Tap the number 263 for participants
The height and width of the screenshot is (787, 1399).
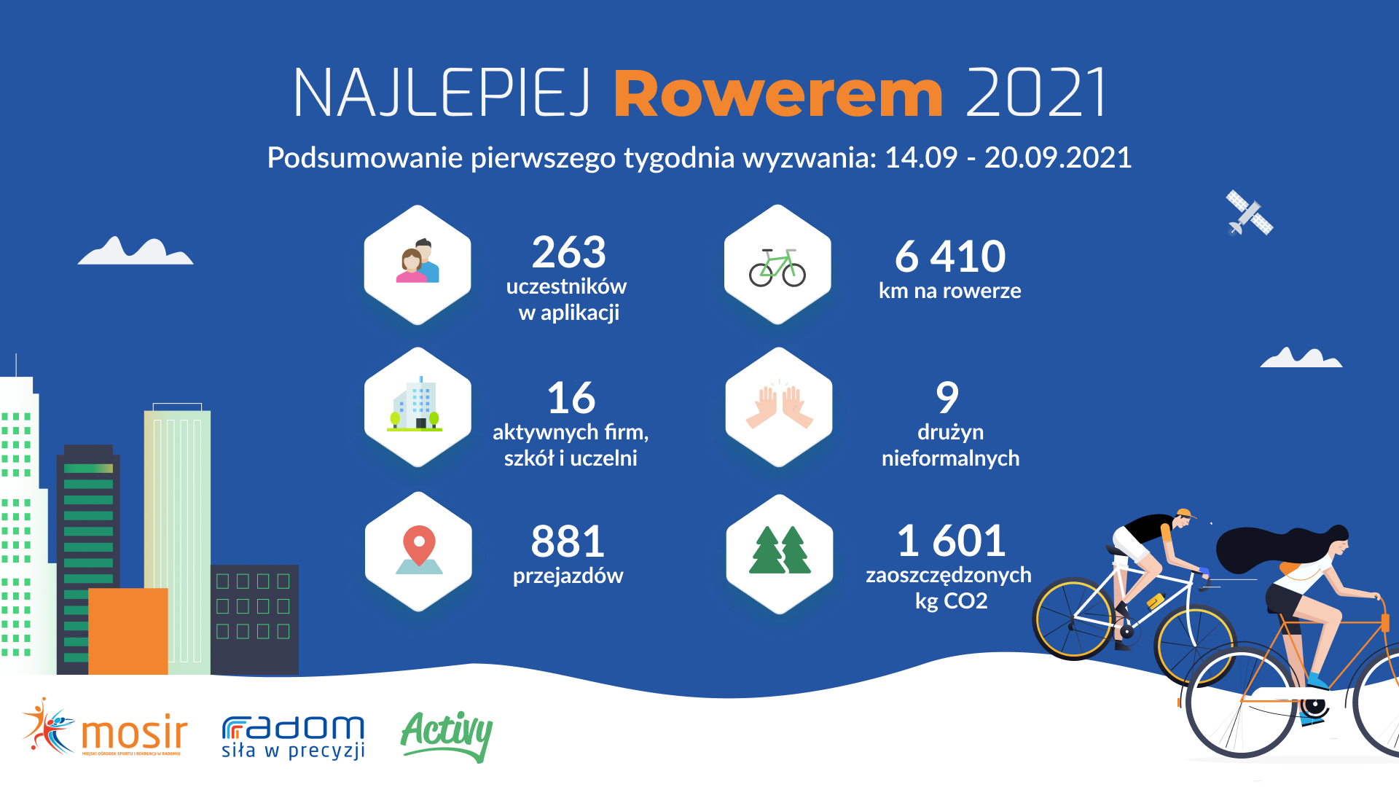pyautogui.click(x=568, y=252)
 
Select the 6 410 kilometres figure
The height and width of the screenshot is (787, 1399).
pyautogui.click(x=950, y=257)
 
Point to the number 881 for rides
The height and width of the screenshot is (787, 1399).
pyautogui.click(x=568, y=541)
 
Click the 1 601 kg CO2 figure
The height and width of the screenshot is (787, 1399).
pyautogui.click(x=951, y=541)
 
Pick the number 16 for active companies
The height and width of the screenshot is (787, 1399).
pyautogui.click(x=571, y=399)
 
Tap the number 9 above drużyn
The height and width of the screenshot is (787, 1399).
pyautogui.click(x=947, y=398)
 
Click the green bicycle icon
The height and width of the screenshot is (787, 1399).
pyautogui.click(x=777, y=267)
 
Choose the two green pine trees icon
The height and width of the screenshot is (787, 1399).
pyautogui.click(x=780, y=549)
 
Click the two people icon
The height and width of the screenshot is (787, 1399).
pyautogui.click(x=418, y=261)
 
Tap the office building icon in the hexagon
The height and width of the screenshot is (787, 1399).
pyautogui.click(x=415, y=404)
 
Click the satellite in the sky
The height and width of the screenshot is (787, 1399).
pyautogui.click(x=1249, y=213)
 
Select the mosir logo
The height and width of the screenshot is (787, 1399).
pyautogui.click(x=105, y=728)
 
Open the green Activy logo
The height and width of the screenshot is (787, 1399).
pyautogui.click(x=447, y=736)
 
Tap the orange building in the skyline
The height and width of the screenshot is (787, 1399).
pyautogui.click(x=128, y=631)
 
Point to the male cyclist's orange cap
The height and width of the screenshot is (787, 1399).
pyautogui.click(x=1186, y=514)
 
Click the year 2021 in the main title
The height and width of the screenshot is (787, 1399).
pyautogui.click(x=1036, y=93)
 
